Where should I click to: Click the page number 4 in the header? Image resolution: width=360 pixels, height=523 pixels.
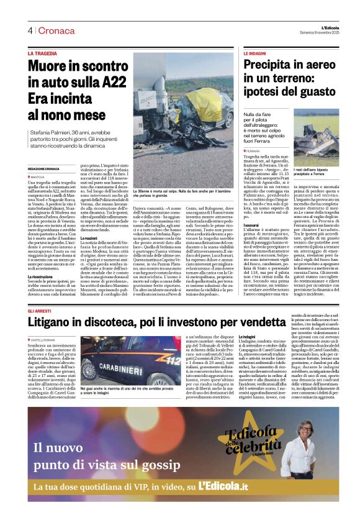coord(29,30)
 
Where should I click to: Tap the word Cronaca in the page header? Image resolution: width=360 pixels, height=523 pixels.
coord(50,30)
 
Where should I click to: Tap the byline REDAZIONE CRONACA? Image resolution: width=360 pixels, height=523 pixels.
coord(46,169)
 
